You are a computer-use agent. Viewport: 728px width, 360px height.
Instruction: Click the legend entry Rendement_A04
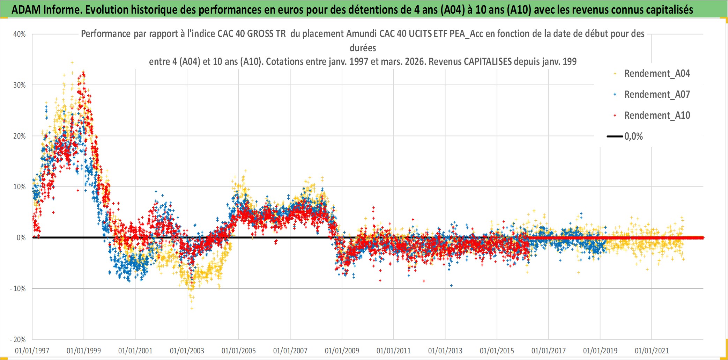(657, 74)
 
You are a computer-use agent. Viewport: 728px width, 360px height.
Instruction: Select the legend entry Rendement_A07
(657, 95)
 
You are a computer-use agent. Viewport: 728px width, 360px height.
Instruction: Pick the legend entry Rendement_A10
(657, 116)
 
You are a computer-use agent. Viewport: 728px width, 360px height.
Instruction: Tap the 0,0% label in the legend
(633, 137)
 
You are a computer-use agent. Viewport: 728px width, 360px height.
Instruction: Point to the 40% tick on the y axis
(20, 34)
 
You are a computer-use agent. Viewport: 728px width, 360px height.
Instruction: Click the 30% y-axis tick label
(20, 85)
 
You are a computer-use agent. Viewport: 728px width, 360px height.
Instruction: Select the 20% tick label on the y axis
(20, 136)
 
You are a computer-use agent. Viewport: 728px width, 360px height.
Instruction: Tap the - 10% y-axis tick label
(18, 289)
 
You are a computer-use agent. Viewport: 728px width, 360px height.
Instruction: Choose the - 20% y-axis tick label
(18, 340)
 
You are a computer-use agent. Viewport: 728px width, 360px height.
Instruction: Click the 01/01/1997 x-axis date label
(32, 351)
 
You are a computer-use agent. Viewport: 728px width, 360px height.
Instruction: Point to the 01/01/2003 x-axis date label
(187, 351)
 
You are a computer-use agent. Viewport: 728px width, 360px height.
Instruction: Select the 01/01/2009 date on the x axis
(342, 351)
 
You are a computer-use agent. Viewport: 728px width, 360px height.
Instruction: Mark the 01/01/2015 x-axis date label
(497, 351)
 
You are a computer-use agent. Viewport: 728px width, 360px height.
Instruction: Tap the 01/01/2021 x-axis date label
(652, 351)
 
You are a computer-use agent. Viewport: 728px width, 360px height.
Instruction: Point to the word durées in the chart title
(363, 48)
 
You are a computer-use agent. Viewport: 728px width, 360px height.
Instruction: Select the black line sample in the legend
(615, 137)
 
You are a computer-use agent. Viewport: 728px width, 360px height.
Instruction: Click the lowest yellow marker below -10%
(192, 308)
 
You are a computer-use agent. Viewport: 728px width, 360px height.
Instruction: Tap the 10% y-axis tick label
(20, 187)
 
